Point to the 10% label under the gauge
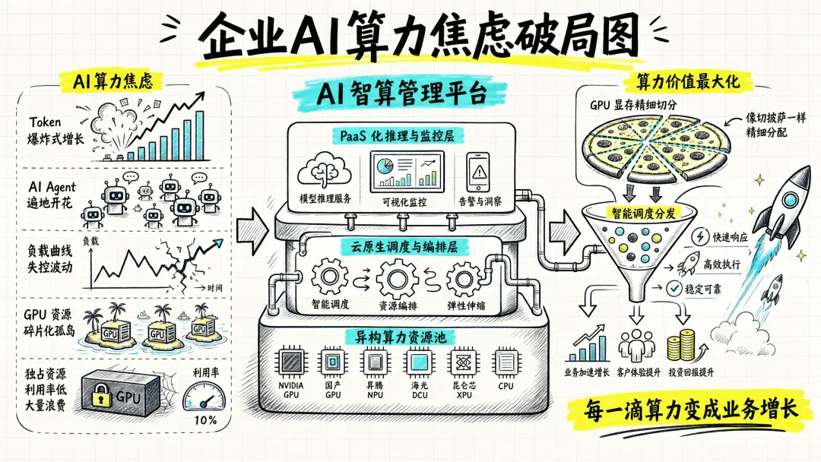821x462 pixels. [x=205, y=420]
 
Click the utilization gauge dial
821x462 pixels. [x=204, y=397]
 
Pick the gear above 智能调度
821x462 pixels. [x=330, y=277]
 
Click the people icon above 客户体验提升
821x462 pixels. [x=636, y=345]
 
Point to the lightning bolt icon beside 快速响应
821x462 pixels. [x=700, y=236]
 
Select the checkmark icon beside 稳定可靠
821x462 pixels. [x=674, y=288]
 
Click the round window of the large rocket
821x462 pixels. [x=789, y=199]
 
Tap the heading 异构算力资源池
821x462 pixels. [x=401, y=337]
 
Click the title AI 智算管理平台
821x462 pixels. [x=401, y=93]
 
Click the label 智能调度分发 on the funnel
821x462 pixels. [x=644, y=213]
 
